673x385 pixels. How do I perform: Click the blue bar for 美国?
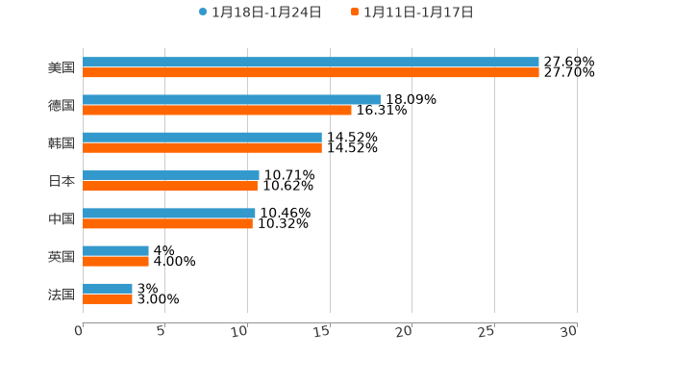coord(311,62)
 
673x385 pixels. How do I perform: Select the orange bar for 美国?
coord(311,72)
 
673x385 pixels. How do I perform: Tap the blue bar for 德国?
coord(232,99)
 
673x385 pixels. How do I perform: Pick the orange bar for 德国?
coord(217,110)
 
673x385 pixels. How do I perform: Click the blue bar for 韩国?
coord(202,138)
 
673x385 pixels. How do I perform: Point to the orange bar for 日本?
coord(170,186)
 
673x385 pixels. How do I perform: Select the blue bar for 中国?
coord(169,213)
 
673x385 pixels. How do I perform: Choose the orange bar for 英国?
coord(115,261)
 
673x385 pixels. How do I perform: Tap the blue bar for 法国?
coord(108,288)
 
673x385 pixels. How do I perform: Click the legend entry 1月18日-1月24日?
coord(261,13)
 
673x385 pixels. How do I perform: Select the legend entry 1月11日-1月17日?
coord(412,13)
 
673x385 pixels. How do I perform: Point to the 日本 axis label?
coord(62,181)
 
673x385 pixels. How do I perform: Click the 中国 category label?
coord(62,218)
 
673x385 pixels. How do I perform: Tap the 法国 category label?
coord(62,294)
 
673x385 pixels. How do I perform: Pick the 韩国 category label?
coord(62,142)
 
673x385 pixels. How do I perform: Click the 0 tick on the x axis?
coord(79,331)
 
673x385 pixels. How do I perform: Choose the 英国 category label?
coord(62,256)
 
